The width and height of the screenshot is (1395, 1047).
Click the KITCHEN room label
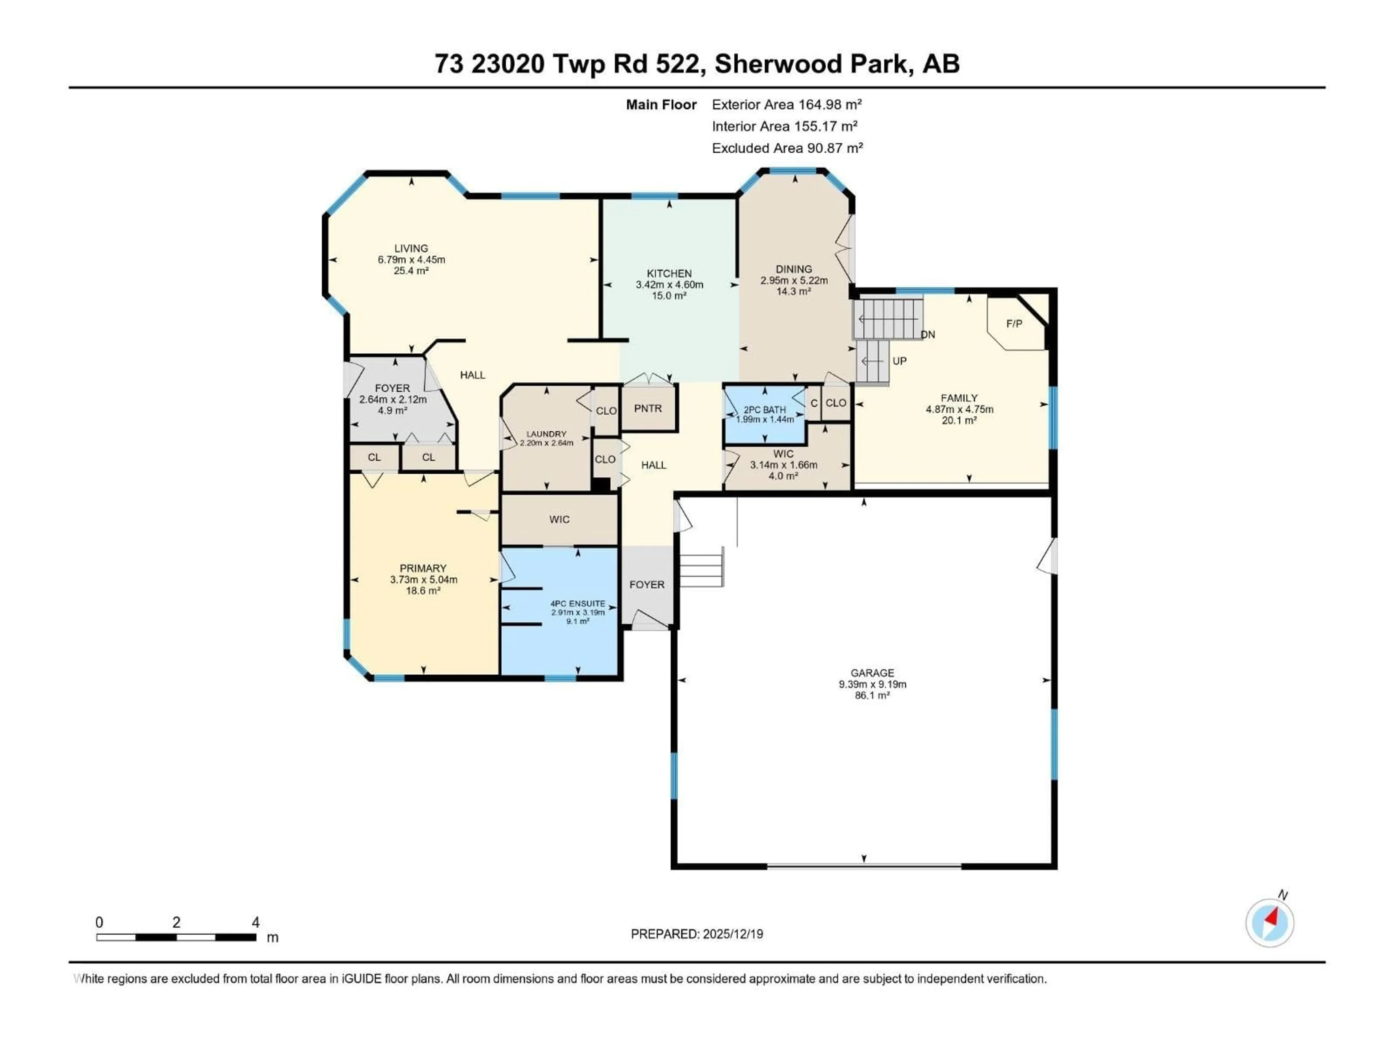[669, 273]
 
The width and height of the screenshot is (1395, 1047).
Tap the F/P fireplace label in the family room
[1014, 324]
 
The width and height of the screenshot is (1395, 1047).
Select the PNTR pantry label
[648, 408]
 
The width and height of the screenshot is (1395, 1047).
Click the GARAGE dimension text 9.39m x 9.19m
[872, 684]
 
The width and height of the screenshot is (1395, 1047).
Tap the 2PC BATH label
[764, 410]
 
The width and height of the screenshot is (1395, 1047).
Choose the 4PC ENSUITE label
[578, 603]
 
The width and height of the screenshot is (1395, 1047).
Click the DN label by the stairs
[928, 334]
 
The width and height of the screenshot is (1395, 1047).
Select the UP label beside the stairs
[899, 361]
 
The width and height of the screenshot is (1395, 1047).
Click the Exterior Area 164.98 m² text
[787, 105]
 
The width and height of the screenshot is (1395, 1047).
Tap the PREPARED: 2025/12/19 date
[697, 934]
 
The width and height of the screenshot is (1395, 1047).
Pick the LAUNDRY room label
[546, 434]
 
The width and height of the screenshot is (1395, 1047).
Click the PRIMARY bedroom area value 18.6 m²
[422, 591]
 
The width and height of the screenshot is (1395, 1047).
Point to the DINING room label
[793, 269]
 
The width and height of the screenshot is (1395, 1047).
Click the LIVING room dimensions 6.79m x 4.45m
[411, 259]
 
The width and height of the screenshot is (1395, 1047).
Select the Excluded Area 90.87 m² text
[787, 148]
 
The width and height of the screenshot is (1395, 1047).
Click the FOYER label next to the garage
[646, 585]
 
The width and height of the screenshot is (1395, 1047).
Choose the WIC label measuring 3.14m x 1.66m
[783, 454]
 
